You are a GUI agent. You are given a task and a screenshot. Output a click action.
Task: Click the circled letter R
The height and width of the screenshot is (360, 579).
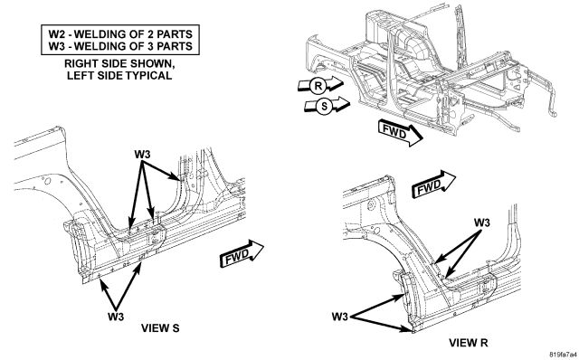coord(318,86)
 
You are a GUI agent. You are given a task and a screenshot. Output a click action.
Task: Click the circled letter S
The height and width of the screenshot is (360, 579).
coord(324,107)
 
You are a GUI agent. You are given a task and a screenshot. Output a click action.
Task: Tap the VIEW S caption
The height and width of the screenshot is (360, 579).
coord(160,327)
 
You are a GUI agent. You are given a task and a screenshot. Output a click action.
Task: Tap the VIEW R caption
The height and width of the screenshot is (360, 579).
coord(469,343)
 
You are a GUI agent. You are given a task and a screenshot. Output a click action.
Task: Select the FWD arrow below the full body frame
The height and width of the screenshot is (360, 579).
coord(400,133)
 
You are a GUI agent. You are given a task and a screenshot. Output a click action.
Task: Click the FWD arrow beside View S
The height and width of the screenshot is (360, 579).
coord(242,254)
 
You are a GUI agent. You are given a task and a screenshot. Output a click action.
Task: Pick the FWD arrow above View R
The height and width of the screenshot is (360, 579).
coord(433,185)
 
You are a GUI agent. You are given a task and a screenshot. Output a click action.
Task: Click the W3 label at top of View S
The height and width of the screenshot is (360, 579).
coord(142,154)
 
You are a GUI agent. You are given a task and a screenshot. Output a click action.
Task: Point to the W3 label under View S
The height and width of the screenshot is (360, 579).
coord(116,317)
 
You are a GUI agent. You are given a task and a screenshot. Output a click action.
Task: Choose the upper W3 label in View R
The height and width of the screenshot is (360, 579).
coord(482,223)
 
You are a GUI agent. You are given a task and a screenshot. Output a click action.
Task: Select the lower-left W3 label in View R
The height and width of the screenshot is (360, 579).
coord(340,317)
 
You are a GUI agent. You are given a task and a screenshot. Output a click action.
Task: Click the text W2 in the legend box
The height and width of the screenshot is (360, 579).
coord(56,34)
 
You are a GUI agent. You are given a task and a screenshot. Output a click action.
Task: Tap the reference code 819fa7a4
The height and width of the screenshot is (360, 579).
coord(563,355)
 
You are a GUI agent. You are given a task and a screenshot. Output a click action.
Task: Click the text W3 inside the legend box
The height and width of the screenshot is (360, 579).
coord(56,46)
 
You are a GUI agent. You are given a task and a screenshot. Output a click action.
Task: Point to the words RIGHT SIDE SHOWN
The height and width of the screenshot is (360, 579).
coord(119,63)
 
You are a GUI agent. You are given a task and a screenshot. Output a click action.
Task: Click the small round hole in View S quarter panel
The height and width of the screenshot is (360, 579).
coord(47,181)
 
